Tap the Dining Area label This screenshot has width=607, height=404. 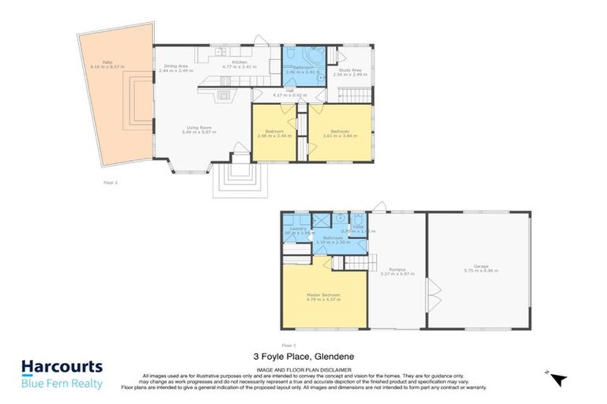point(175,66)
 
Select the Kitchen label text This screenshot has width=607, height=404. point(239,62)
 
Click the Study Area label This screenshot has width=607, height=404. point(350,69)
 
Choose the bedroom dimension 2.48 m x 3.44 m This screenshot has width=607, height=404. point(274,136)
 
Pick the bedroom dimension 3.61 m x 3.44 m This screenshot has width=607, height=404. point(339,136)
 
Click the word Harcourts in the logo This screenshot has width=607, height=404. point(61,367)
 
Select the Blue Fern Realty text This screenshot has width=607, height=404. point(61,383)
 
